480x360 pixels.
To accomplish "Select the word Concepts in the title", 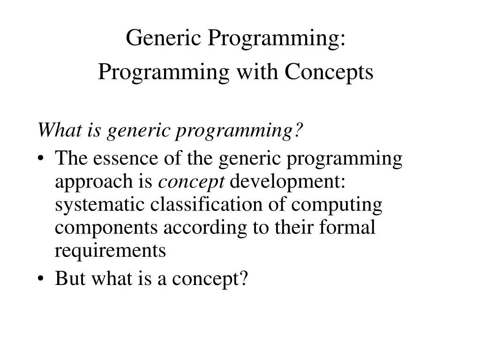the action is [x=329, y=73].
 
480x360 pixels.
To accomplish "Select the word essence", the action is [x=126, y=158].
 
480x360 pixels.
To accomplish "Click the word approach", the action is [x=94, y=182].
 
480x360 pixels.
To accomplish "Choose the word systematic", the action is [x=99, y=205].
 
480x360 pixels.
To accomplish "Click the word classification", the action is [x=206, y=204].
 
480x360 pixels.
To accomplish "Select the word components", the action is [x=106, y=228].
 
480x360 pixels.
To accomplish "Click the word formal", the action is [x=347, y=227].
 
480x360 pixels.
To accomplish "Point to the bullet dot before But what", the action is [x=40, y=279].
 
